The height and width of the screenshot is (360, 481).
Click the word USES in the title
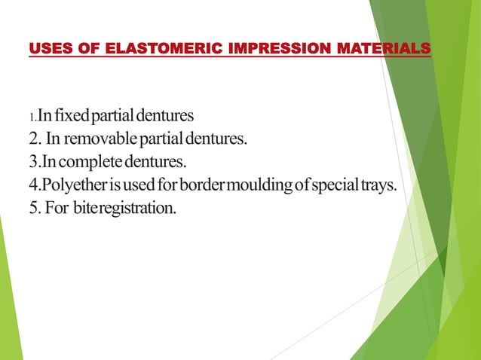(x=47, y=50)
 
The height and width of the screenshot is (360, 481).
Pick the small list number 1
(x=31, y=118)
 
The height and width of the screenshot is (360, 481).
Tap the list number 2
(x=33, y=139)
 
